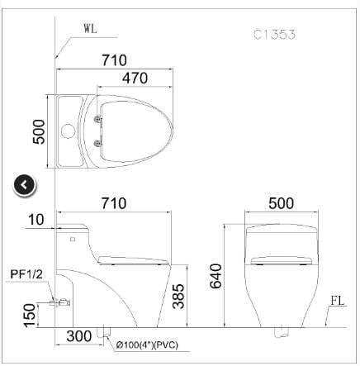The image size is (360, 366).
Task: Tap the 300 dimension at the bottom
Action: point(79,338)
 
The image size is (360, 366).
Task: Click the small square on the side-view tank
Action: point(72,239)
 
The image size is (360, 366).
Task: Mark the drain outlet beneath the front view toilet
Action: point(279,333)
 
